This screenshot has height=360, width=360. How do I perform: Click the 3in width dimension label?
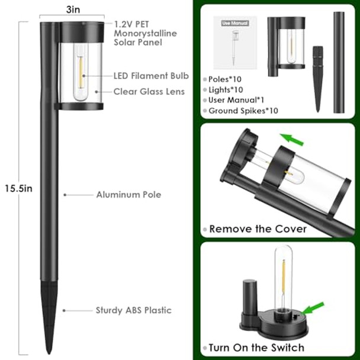click(73, 10)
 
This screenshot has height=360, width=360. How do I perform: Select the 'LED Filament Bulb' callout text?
click(151, 76)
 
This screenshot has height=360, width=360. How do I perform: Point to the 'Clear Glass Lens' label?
click(150, 91)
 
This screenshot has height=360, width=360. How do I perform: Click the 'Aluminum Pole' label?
click(128, 194)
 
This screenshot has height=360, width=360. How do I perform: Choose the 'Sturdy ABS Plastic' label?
click(134, 310)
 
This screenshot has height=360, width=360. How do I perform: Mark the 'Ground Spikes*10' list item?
click(243, 111)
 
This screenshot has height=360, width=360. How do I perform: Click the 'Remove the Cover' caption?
click(258, 229)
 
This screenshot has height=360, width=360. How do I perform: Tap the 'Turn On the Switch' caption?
click(256, 348)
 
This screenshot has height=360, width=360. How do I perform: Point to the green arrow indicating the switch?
click(313, 309)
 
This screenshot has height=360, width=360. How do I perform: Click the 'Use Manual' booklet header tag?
click(235, 23)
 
